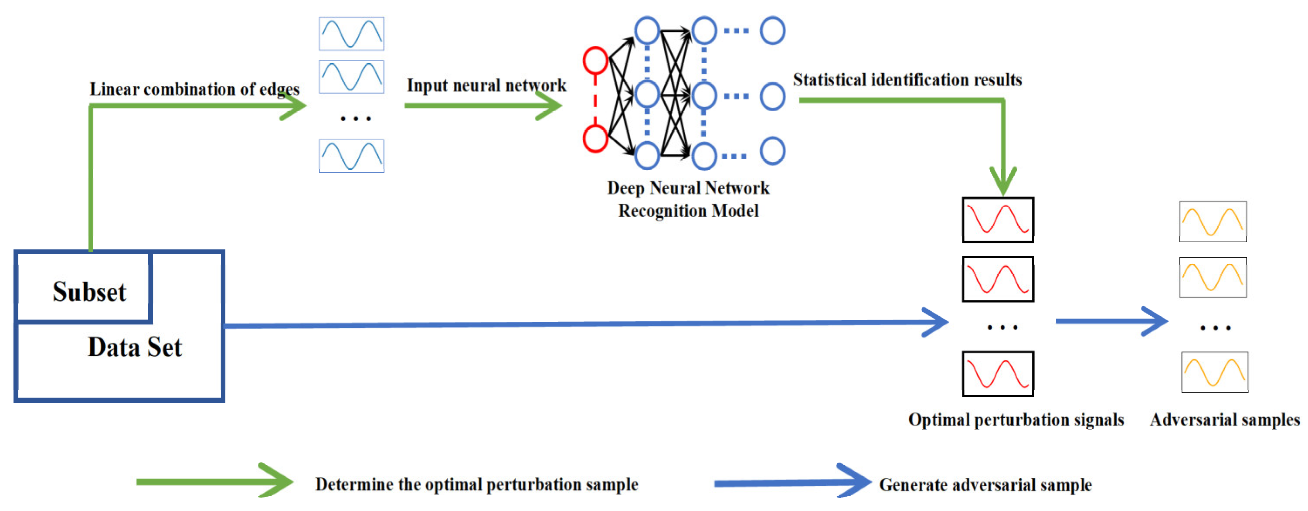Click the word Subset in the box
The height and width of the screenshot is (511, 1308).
coord(89,292)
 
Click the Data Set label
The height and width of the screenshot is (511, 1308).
coord(135,347)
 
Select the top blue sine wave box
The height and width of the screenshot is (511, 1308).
coord(351,34)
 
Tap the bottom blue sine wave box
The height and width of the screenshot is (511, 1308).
coord(351,156)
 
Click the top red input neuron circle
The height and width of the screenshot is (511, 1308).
coord(595,61)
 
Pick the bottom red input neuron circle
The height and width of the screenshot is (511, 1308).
coord(595,139)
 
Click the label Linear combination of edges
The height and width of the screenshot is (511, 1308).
coord(194,89)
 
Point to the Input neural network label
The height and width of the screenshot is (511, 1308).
coord(486,85)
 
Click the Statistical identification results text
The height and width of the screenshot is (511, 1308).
coord(907,80)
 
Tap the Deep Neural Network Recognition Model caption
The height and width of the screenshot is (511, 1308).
coord(688,200)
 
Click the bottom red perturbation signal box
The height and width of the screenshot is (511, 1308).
coord(998,374)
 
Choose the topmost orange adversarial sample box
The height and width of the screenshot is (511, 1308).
coord(1213,222)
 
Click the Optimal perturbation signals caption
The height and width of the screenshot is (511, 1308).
coord(1016,420)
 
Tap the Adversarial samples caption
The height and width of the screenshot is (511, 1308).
coord(1225,420)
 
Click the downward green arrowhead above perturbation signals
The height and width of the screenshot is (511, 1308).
coord(1003,181)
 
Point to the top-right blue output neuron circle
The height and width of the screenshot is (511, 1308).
coord(772,31)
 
